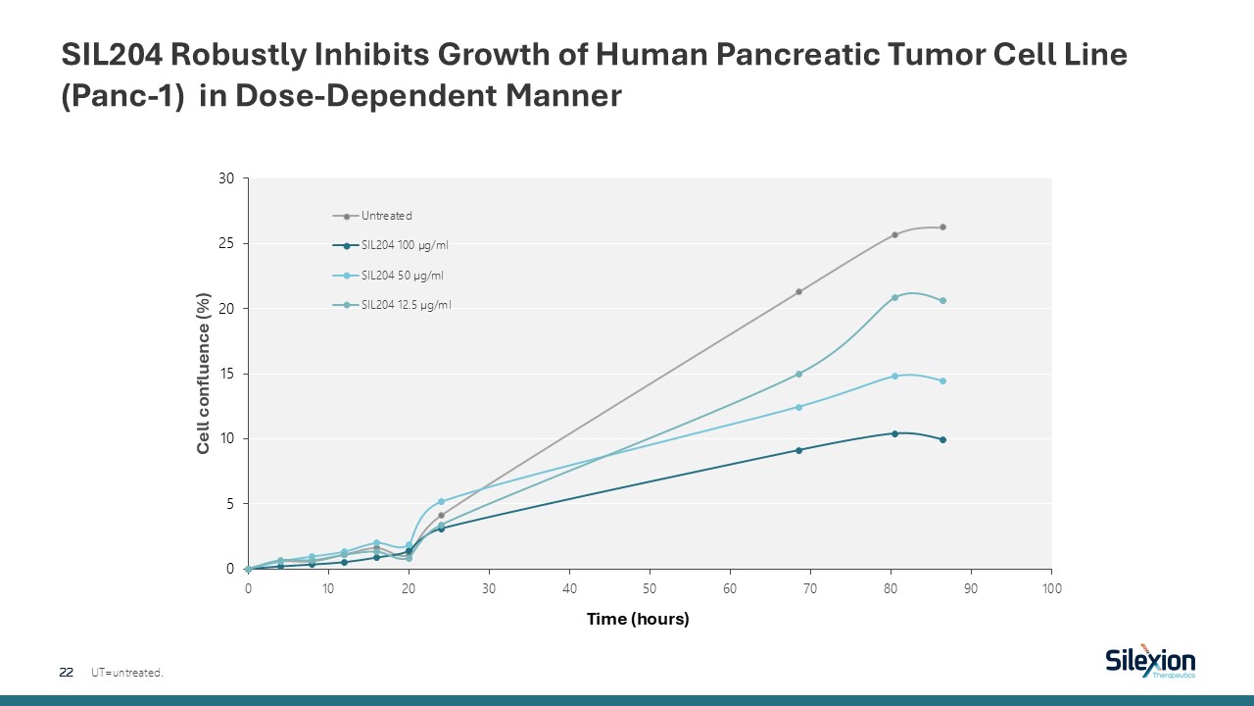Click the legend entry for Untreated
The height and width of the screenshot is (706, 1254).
pyautogui.click(x=387, y=216)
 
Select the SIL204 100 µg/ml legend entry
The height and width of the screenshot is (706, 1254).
pyautogui.click(x=405, y=245)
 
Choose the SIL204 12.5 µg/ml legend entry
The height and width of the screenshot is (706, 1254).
pyautogui.click(x=406, y=304)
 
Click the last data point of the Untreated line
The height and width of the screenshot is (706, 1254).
pyautogui.click(x=942, y=227)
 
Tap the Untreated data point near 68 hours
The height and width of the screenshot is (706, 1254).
pyautogui.click(x=798, y=291)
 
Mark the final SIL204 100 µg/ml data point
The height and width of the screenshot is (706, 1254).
pyautogui.click(x=942, y=439)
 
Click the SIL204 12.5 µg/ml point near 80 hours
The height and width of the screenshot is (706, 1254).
pyautogui.click(x=894, y=297)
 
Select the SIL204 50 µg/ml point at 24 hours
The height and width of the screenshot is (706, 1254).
pyautogui.click(x=441, y=501)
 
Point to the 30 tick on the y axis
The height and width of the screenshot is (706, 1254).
pyautogui.click(x=227, y=178)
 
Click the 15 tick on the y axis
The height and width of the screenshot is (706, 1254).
pyautogui.click(x=227, y=374)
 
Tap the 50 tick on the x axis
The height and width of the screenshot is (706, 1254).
pyautogui.click(x=650, y=587)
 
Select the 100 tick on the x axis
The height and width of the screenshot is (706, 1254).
pyautogui.click(x=1051, y=587)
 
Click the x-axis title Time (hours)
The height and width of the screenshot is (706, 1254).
pyautogui.click(x=638, y=619)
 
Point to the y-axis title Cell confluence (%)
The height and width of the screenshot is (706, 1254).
pyautogui.click(x=204, y=374)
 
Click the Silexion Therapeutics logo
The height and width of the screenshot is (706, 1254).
pyautogui.click(x=1150, y=662)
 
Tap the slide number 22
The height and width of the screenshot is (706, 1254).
pyautogui.click(x=67, y=673)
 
